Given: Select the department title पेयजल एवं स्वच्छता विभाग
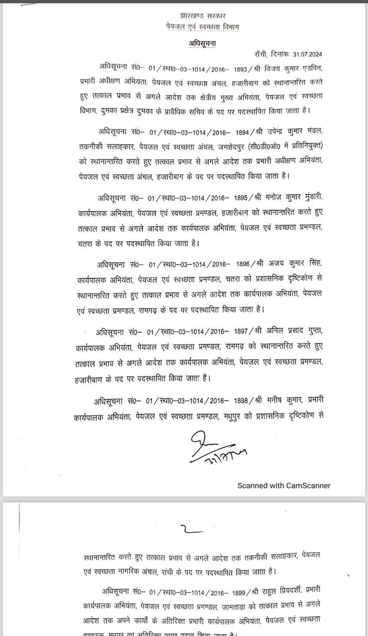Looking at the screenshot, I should coord(202,26).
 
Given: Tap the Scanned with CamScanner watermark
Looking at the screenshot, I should coord(284,485).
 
